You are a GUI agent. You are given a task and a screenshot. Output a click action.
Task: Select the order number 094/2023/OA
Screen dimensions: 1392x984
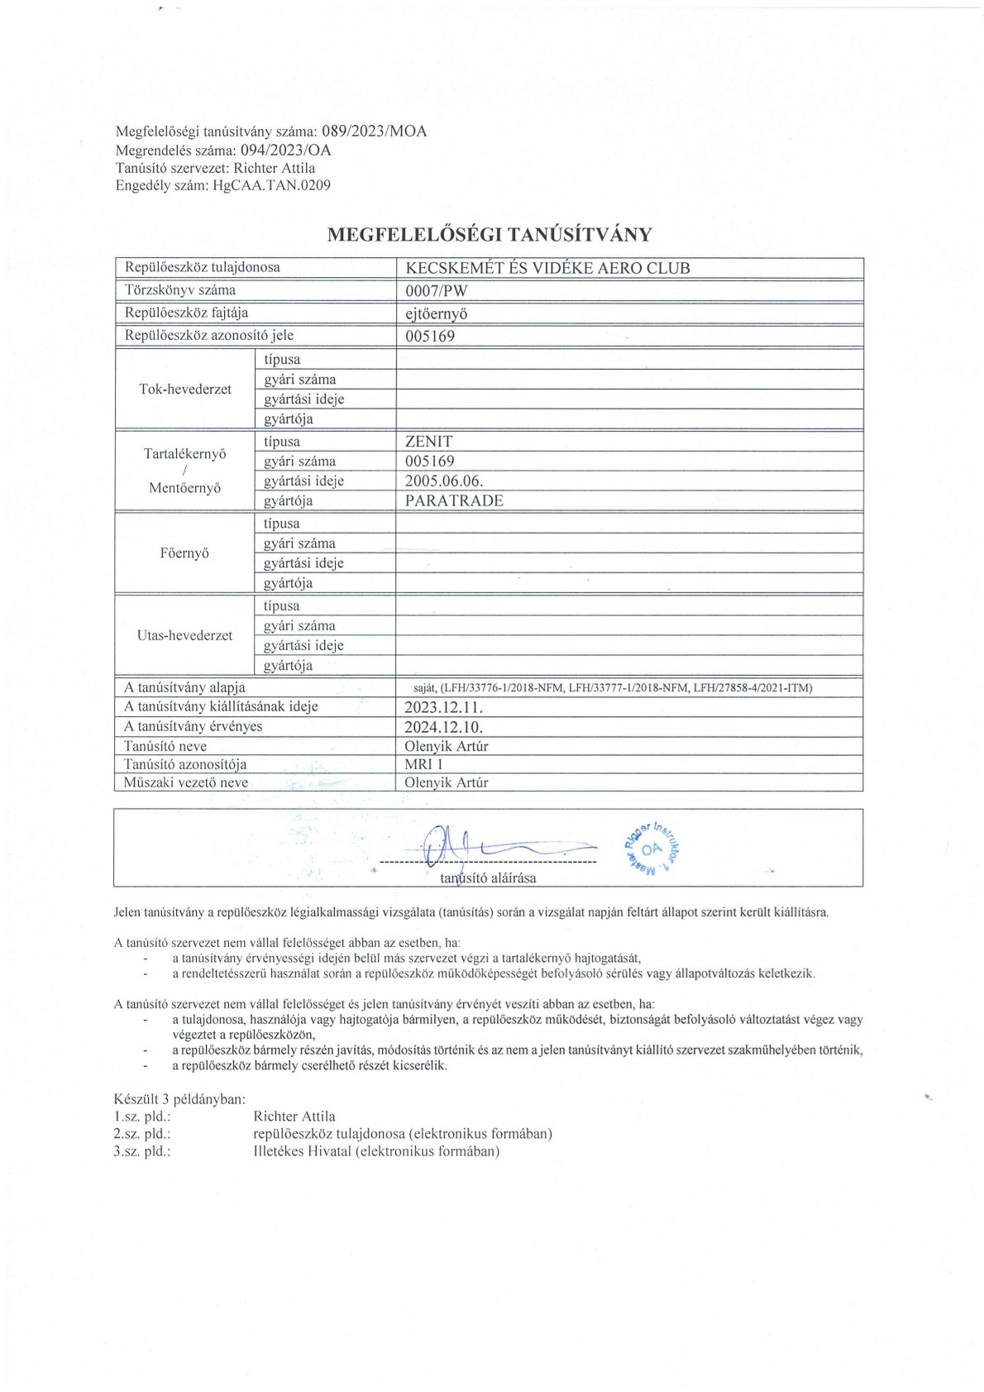(285, 150)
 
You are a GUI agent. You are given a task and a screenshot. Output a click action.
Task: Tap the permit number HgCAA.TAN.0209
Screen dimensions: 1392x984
(271, 185)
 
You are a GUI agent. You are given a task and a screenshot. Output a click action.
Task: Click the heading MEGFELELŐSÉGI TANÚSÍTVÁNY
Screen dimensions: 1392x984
(490, 234)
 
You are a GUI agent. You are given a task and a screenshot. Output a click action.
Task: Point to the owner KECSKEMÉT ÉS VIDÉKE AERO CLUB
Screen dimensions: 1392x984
(547, 268)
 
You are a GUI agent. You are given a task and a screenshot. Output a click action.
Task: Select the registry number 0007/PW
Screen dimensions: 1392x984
(436, 290)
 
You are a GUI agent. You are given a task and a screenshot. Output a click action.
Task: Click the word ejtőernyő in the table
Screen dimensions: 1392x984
(437, 313)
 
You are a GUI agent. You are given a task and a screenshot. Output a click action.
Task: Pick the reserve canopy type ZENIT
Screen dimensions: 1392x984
(428, 442)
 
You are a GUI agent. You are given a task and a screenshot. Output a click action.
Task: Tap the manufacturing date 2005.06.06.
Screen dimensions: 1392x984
(444, 481)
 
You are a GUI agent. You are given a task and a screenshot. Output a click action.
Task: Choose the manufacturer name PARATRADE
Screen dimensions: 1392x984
(454, 500)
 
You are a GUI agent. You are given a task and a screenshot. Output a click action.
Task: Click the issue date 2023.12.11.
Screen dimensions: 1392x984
(443, 707)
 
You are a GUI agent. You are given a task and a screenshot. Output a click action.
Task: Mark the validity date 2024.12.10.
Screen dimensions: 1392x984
(443, 727)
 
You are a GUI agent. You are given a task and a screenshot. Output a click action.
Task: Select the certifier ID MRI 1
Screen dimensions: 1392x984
(423, 764)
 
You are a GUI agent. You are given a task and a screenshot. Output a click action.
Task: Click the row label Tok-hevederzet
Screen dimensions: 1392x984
(185, 389)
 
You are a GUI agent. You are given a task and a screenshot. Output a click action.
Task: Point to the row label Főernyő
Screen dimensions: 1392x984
(184, 552)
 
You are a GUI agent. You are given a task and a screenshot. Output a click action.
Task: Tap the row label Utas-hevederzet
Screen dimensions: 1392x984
(184, 635)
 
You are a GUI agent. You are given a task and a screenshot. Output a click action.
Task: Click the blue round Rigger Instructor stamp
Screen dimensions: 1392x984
(652, 848)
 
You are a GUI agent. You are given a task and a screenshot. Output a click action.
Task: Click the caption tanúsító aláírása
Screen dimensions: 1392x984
(488, 878)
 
